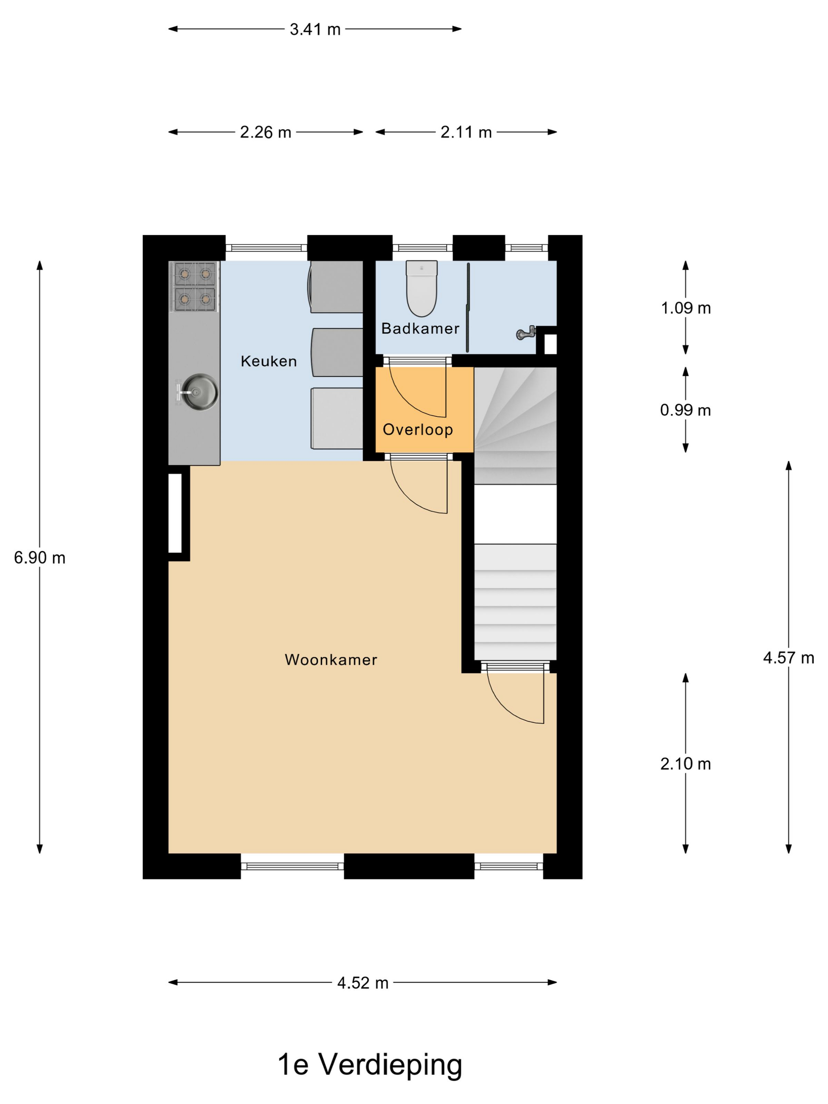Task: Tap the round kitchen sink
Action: click(199, 392)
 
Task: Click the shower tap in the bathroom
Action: click(526, 333)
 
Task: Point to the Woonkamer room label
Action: click(331, 660)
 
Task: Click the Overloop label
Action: click(418, 429)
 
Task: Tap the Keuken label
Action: click(269, 361)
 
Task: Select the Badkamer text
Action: click(420, 328)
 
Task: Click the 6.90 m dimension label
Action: click(39, 558)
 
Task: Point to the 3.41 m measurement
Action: click(315, 30)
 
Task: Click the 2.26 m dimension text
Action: click(265, 132)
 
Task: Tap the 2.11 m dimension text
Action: click(466, 132)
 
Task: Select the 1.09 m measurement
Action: click(686, 308)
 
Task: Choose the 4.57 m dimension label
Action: click(789, 658)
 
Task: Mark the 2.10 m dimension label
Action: click(685, 764)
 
